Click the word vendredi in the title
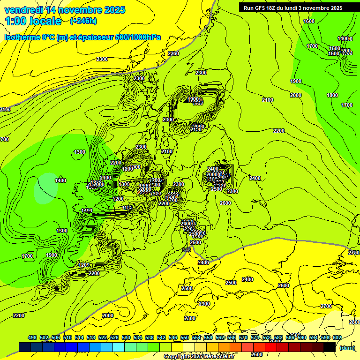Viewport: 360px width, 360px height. (x=24, y=10)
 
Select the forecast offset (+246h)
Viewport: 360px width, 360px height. (x=83, y=21)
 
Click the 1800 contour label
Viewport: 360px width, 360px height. (x=332, y=95)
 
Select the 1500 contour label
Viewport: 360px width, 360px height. (x=334, y=48)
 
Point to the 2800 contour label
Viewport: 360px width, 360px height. (x=354, y=322)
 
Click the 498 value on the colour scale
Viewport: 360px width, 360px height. (x=32, y=337)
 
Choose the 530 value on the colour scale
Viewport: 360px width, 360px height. (x=126, y=337)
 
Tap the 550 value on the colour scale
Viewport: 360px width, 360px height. (x=185, y=337)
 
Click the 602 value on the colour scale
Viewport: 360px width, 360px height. (x=337, y=337)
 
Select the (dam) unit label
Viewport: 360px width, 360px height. (x=347, y=348)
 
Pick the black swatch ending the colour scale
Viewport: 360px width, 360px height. (x=330, y=347)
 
